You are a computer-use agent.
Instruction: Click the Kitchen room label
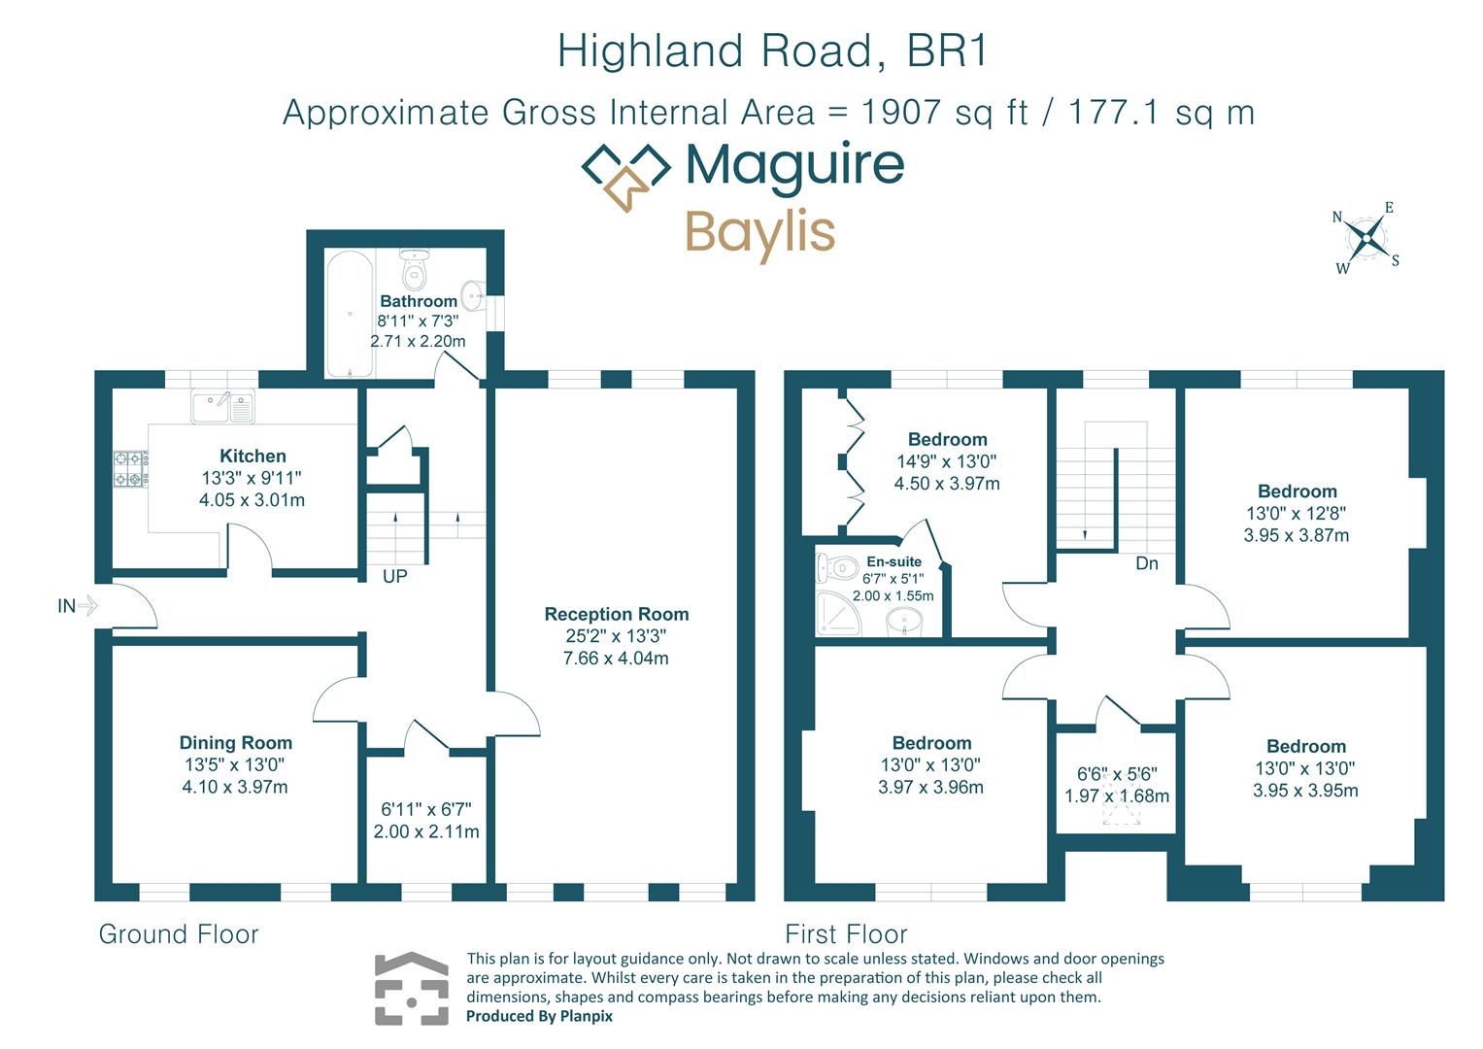pos(253,456)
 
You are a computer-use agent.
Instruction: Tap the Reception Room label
pos(616,614)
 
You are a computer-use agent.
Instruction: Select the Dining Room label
pos(235,742)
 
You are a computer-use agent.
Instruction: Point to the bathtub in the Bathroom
pos(349,314)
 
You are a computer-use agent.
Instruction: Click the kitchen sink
pos(222,406)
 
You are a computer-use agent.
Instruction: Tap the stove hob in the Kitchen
pos(130,468)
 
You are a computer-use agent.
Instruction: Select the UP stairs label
pos(394,576)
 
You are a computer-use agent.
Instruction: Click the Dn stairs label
pos(1146,563)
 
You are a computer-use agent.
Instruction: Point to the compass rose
pos(1366,238)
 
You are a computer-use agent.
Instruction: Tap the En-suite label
pos(893,561)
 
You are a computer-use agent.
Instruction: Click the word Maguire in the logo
pos(794,165)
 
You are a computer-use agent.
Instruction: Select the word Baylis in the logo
pos(759,232)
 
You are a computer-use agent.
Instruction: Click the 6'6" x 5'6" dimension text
pos(1116,774)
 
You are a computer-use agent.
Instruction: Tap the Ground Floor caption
pos(179,934)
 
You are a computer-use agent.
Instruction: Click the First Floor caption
pos(846,934)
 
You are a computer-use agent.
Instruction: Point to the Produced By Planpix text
pos(539,1016)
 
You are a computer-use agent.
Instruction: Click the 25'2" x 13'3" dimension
pos(616,636)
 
